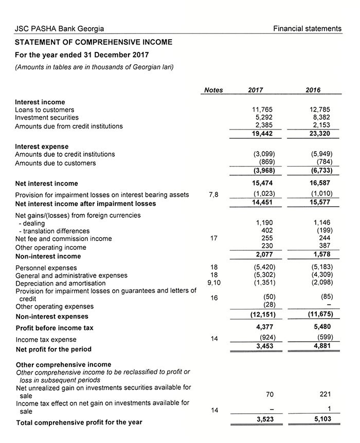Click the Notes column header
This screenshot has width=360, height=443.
coord(213,90)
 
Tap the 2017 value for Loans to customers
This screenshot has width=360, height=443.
coord(261,109)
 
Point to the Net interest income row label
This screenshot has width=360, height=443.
coord(47,183)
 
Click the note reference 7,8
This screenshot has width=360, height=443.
coord(214,194)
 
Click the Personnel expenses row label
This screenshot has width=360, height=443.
coord(46,268)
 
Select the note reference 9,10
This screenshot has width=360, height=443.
coord(214,283)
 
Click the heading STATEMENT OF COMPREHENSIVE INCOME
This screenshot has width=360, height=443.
coord(94,42)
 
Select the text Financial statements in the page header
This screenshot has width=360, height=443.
coord(307,29)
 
